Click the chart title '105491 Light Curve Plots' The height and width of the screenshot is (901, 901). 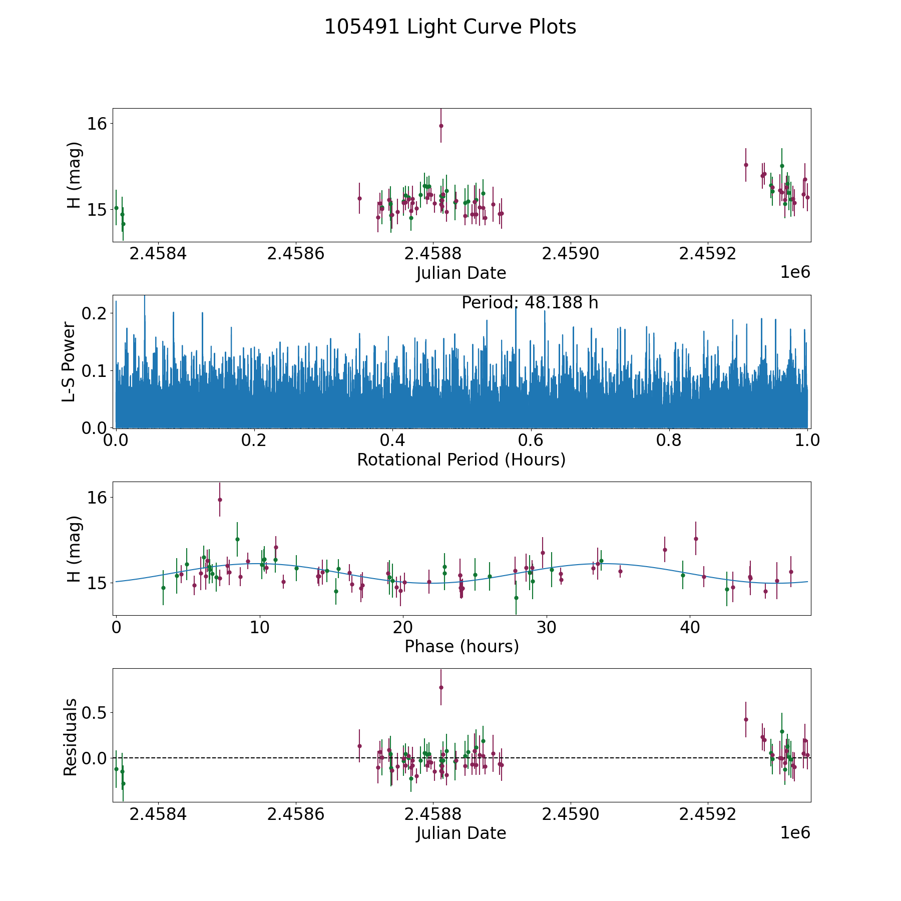450,27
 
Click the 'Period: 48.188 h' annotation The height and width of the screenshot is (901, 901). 530,303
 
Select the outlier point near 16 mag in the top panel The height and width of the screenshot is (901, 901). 441,126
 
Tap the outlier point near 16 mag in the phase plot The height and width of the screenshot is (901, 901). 220,500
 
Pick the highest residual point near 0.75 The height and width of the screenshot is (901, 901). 441,687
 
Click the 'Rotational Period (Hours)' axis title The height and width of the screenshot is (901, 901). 461,460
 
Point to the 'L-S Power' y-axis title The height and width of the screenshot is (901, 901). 69,361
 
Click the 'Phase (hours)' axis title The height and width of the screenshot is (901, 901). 462,646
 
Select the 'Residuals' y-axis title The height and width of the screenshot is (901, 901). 70,737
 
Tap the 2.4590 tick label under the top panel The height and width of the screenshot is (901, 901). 571,254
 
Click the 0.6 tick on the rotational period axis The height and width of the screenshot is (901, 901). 531,440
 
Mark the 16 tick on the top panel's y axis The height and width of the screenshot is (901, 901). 97,124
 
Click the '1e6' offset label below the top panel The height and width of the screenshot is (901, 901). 795,272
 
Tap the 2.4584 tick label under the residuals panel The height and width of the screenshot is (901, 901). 158,814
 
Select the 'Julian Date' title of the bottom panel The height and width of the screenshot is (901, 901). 461,833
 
